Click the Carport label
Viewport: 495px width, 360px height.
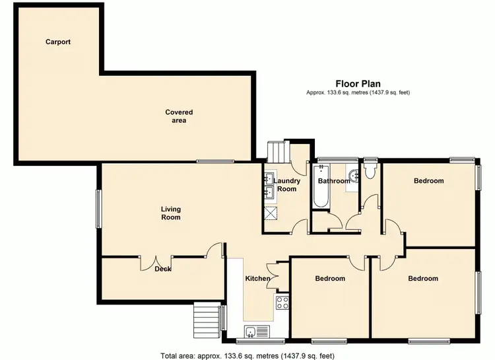(x=58, y=42)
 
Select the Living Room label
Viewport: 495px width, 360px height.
(x=170, y=213)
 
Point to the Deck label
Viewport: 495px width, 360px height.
(x=163, y=269)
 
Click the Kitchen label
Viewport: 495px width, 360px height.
(x=257, y=279)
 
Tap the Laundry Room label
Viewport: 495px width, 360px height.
(x=287, y=185)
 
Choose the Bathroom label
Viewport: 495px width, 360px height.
(x=334, y=181)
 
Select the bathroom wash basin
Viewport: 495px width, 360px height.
(x=354, y=176)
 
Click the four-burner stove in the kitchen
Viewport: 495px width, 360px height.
(x=282, y=303)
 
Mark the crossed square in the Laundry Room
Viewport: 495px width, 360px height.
(x=271, y=213)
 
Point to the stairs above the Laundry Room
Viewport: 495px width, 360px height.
(x=277, y=153)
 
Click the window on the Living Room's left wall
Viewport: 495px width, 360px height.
(x=99, y=209)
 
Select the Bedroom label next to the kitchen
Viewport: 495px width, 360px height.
(x=329, y=279)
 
